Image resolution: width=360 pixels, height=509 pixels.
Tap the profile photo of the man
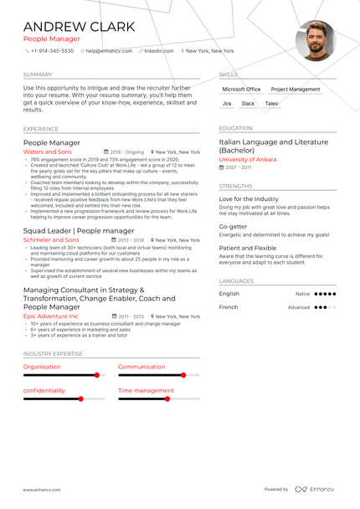coord(316,41)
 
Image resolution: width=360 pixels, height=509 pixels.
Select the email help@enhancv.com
coord(109,51)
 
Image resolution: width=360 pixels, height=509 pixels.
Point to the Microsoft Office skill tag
coord(241,89)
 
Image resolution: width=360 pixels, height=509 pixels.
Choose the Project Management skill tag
coord(296,89)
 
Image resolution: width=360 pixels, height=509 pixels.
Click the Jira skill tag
coord(227,104)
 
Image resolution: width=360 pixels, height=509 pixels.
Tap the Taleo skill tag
coord(271,104)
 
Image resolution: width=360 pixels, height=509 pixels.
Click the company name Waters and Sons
coord(48,152)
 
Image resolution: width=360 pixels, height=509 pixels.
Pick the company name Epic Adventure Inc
coord(51,316)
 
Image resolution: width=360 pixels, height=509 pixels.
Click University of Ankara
coord(249,159)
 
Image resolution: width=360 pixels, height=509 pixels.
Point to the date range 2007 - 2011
coord(239,167)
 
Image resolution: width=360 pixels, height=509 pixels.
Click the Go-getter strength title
coord(233,226)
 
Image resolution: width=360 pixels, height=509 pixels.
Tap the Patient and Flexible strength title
coord(248,248)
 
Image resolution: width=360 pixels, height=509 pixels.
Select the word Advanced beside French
coord(299,307)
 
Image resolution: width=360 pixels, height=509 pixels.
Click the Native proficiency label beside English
coord(302,294)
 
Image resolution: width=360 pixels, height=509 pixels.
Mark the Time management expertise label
coord(146,390)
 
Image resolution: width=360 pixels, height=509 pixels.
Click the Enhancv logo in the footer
coord(313,489)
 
